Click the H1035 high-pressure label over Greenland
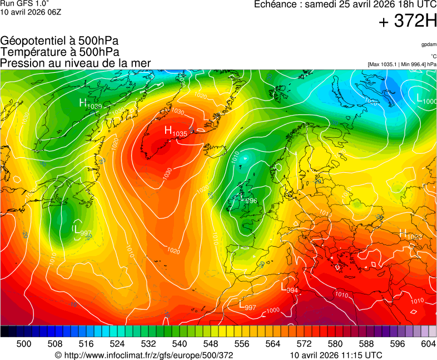pyautogui.click(x=176, y=132)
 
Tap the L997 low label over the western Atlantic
pyautogui.click(x=82, y=230)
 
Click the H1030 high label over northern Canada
pyautogui.click(x=90, y=103)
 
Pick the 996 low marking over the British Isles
pyautogui.click(x=250, y=201)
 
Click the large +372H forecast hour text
pyautogui.click(x=408, y=22)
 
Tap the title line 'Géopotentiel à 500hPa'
pyautogui.click(x=59, y=41)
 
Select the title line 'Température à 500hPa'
pyautogui.click(x=59, y=52)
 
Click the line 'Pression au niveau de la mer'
pyautogui.click(x=76, y=63)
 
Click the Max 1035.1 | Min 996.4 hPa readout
pyautogui.click(x=402, y=64)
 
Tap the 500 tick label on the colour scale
pyautogui.click(x=24, y=344)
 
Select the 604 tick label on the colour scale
pyautogui.click(x=428, y=344)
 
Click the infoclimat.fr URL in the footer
pyautogui.click(x=144, y=355)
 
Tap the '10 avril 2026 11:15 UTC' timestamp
pyautogui.click(x=336, y=355)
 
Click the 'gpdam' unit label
pyautogui.click(x=429, y=44)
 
